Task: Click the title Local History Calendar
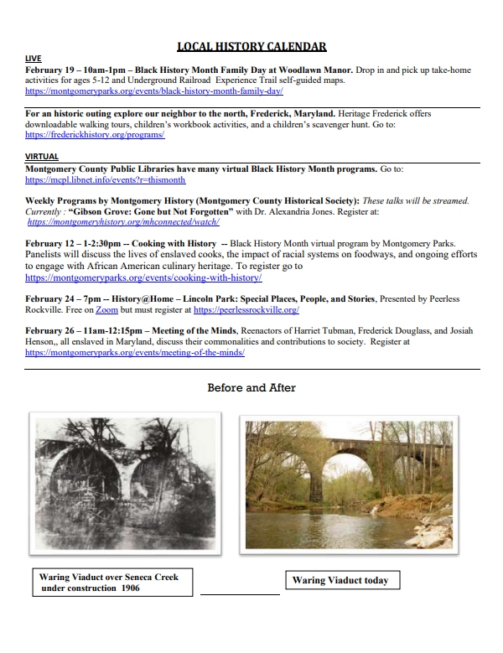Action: coord(251,47)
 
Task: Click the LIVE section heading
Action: coord(33,58)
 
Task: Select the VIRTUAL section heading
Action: coord(42,157)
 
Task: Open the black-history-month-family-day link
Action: coord(153,90)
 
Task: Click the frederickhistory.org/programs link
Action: coord(95,134)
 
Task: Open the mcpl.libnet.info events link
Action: coord(105,179)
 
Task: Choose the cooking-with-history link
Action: coord(143,277)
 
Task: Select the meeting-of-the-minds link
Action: coord(135,353)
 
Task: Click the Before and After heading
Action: coord(251,387)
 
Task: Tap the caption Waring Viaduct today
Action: coord(340,580)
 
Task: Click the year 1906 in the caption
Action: coord(128,588)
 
